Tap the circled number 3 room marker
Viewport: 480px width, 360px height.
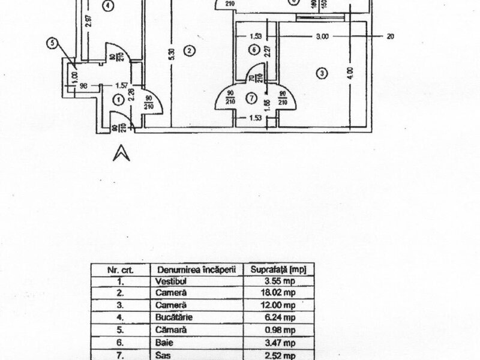(322, 74)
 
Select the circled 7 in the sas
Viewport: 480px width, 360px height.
(252, 97)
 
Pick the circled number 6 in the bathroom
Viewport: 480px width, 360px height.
(254, 49)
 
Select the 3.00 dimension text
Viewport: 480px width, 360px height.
(322, 37)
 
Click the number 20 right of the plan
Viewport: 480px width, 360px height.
(390, 37)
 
